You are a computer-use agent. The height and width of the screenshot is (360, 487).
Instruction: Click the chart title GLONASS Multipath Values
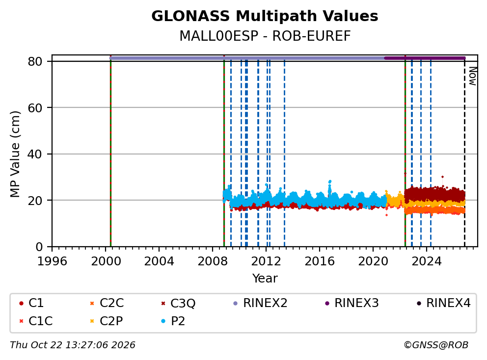point(265,16)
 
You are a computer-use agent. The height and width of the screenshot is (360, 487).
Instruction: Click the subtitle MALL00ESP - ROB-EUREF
point(265,36)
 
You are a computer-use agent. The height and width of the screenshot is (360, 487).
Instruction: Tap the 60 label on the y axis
point(35,108)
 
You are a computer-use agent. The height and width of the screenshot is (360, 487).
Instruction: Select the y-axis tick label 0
point(39,247)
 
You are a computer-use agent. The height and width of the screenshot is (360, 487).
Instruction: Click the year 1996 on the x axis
point(52,261)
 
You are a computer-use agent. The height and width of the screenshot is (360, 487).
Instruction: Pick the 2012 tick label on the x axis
point(266,261)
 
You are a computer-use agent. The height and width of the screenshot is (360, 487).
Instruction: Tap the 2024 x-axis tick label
point(427,261)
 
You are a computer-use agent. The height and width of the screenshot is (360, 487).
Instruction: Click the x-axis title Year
point(265,278)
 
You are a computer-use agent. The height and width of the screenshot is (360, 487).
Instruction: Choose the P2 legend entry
point(173,321)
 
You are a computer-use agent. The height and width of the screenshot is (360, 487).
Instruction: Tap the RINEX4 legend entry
point(443,303)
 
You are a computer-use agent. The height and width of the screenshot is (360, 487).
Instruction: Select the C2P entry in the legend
point(106,321)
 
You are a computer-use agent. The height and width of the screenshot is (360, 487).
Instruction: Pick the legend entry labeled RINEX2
point(260,303)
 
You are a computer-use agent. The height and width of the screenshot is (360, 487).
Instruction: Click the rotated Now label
point(472,77)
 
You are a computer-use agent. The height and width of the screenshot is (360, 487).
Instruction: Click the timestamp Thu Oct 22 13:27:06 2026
point(73,345)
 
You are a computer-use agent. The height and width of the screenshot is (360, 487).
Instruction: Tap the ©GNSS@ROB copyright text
point(436,345)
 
